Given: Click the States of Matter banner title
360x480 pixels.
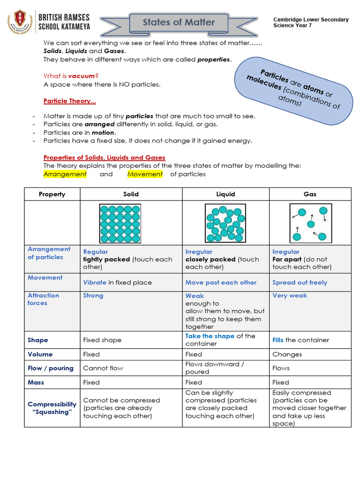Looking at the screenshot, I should click(179, 22).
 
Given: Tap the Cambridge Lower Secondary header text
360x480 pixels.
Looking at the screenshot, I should click(311, 22).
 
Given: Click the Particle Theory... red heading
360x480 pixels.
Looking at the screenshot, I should click(69, 101).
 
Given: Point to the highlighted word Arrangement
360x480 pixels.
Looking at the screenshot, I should click(65, 174).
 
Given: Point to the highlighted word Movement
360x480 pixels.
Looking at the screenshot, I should click(145, 174).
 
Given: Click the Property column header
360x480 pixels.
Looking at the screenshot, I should click(52, 194).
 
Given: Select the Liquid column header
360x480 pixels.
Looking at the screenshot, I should click(225, 194).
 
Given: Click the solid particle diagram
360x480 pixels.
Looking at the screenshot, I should click(120, 224).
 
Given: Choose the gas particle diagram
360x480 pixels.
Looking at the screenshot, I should click(310, 224).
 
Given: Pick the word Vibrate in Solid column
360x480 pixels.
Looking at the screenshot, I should click(95, 283).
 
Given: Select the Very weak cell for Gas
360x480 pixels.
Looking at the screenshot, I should click(290, 296).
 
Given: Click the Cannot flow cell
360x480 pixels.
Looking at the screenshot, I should click(103, 368).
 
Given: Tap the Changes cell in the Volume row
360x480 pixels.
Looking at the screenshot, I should click(287, 354).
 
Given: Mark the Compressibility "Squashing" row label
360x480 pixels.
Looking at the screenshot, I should click(52, 408).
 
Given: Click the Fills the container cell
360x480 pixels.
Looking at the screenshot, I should click(300, 340).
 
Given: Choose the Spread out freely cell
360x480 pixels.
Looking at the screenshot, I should click(300, 283).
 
